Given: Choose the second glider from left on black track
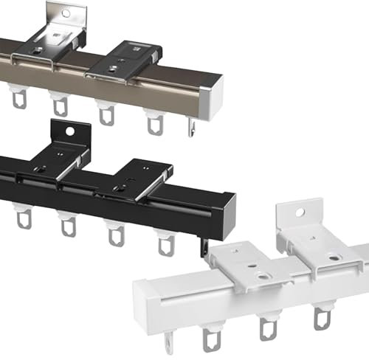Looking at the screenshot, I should coord(67,225).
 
